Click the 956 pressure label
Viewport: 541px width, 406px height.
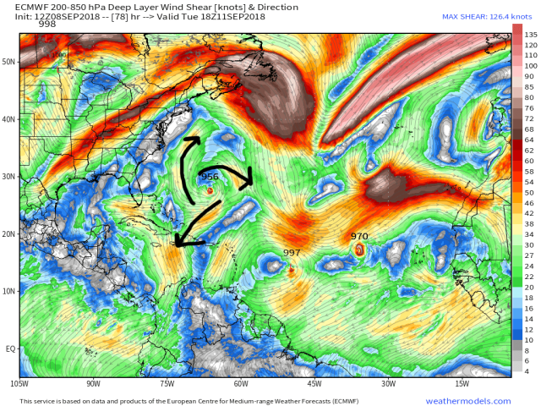(x=210, y=177)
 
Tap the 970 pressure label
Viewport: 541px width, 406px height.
(x=359, y=237)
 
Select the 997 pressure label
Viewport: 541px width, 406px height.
(x=292, y=253)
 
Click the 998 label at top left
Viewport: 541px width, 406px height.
(x=47, y=24)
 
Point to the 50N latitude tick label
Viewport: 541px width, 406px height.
(x=9, y=62)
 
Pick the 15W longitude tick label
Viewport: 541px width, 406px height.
(x=462, y=384)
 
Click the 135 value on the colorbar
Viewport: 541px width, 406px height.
(x=530, y=34)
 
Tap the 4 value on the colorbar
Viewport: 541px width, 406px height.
(x=527, y=371)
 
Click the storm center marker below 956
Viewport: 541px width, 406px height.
(x=210, y=190)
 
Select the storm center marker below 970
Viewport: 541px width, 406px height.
(x=360, y=250)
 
